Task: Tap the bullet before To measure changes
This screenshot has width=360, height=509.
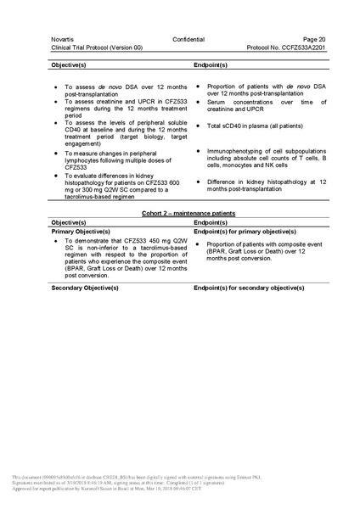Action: pyautogui.click(x=56, y=153)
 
